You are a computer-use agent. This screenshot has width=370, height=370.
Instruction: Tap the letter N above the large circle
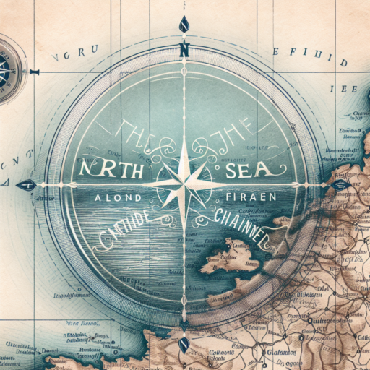click(184, 51)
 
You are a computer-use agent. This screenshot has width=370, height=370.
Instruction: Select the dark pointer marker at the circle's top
click(184, 25)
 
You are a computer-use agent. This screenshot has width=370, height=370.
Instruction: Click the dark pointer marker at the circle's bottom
click(184, 344)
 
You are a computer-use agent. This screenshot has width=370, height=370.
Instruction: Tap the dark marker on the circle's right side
click(338, 184)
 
